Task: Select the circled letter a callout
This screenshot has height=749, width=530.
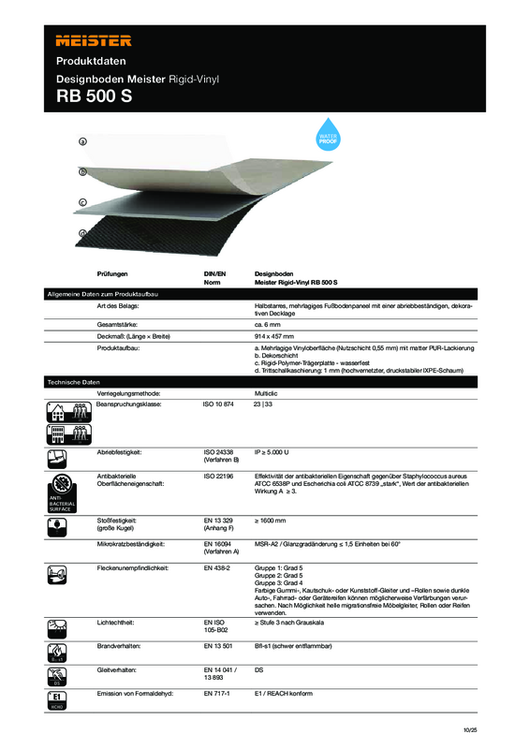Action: (x=83, y=141)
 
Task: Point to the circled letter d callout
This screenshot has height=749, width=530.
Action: (x=83, y=233)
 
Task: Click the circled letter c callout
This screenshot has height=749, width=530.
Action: (x=83, y=202)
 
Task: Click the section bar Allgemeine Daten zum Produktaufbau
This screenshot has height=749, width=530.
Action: (x=103, y=295)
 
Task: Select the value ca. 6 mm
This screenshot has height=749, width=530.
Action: (x=270, y=324)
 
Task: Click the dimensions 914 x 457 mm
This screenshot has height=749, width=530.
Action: (x=275, y=336)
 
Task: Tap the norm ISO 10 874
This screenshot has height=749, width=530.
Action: (x=221, y=404)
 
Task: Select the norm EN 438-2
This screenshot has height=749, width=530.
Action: (x=218, y=567)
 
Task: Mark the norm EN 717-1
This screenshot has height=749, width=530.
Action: (x=218, y=694)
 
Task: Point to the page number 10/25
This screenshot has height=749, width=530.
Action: (x=469, y=729)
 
